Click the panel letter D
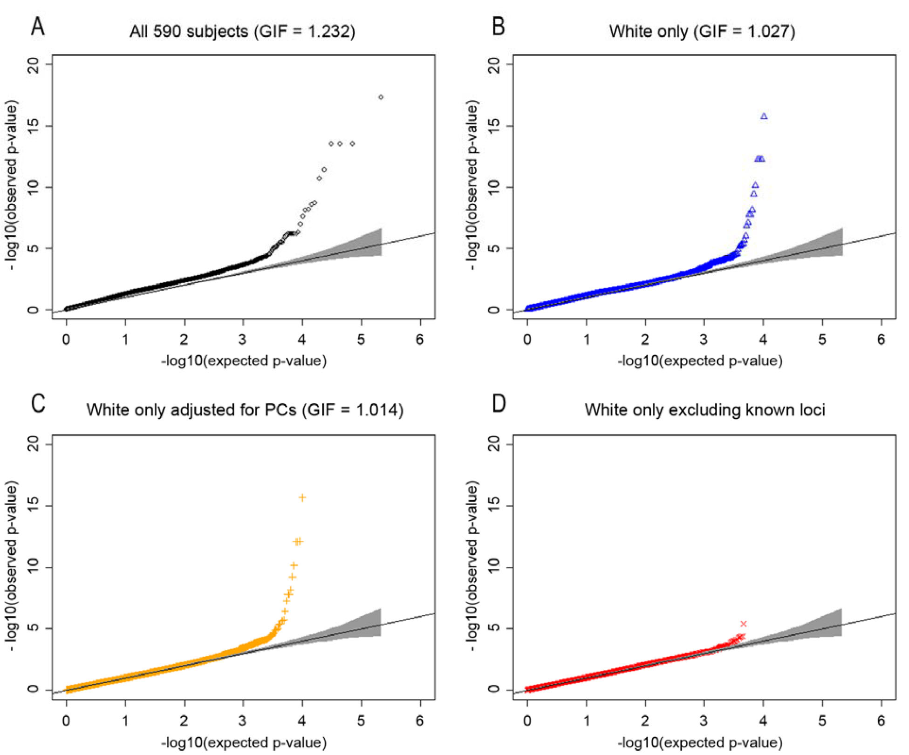[499, 403]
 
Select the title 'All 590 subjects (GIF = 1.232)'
[242, 32]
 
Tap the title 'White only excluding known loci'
[704, 410]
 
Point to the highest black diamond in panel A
[381, 97]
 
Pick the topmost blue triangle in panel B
[764, 116]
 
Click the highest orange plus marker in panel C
[302, 498]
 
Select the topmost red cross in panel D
[744, 624]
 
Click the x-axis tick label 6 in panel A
[420, 340]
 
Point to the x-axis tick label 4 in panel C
[302, 721]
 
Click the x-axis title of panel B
[700, 361]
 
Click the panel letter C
[38, 403]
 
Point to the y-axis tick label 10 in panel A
[33, 187]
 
